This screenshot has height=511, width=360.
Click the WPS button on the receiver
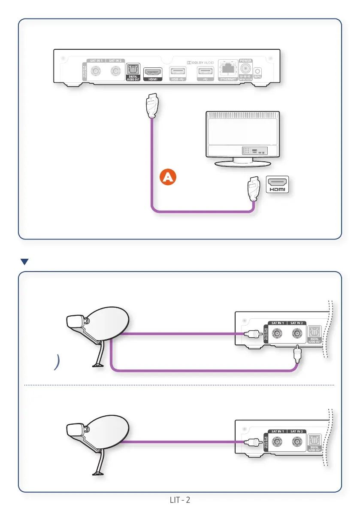258,72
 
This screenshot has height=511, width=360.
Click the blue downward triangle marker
24,261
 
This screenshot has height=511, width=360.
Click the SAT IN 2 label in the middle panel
296,323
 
